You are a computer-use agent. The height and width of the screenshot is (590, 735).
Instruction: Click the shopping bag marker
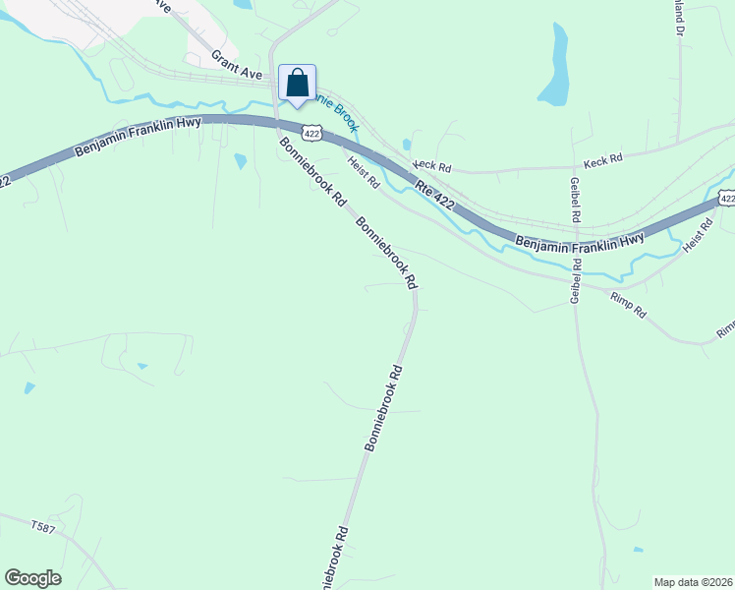298,85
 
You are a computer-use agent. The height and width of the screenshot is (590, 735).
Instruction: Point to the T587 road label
44,528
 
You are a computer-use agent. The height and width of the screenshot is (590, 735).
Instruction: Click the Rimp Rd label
628,305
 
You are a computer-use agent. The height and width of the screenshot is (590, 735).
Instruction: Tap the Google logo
32,578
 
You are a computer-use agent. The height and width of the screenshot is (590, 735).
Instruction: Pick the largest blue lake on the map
554,69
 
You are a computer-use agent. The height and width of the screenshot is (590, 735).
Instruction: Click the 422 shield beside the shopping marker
311,132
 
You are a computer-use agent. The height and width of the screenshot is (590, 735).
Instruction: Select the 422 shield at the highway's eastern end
726,199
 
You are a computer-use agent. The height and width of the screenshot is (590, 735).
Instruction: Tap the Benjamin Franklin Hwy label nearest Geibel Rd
580,239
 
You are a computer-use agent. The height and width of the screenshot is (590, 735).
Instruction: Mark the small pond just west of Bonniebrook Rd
240,160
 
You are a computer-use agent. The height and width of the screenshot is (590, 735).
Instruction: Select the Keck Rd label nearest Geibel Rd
603,158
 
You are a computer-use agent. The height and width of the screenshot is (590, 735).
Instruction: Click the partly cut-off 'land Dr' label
679,17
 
